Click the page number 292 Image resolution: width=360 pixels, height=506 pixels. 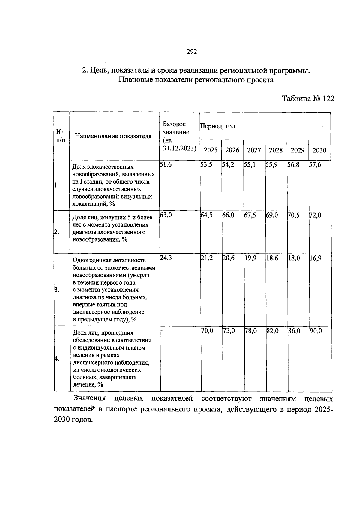[192, 52]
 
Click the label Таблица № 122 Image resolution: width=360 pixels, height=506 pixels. [308, 99]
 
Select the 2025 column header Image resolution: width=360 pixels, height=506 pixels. [211, 150]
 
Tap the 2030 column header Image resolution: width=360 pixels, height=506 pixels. [319, 150]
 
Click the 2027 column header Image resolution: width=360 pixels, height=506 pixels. [254, 150]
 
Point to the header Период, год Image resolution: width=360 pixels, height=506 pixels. [218, 126]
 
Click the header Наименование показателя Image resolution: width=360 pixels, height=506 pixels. [113, 136]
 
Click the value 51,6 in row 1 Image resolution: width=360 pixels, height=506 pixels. [166, 164]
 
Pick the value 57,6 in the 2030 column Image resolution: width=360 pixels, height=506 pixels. [315, 164]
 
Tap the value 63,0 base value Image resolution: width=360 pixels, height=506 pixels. [166, 215]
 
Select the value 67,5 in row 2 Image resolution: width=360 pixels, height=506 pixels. [250, 215]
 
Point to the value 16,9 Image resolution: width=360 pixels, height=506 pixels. [316, 258]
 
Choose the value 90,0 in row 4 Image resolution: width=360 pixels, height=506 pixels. [316, 331]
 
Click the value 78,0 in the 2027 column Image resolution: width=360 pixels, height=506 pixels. [251, 331]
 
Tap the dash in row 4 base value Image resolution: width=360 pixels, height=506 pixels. [162, 331]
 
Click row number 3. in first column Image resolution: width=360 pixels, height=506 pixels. [57, 290]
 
